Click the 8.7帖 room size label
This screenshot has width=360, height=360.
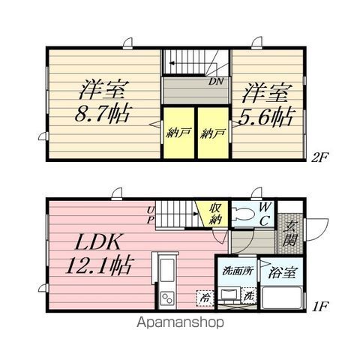tap(103, 115)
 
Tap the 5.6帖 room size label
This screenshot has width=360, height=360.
tap(265, 118)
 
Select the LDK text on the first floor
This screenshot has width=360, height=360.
tap(98, 241)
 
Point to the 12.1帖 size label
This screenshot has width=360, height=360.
tap(98, 265)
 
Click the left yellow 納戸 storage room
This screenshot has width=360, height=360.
tap(178, 133)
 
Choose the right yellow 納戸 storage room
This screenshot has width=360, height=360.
tap(213, 133)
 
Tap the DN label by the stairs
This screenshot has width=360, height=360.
tap(216, 81)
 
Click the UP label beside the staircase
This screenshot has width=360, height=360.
tap(150, 215)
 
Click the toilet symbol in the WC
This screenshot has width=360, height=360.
tap(244, 214)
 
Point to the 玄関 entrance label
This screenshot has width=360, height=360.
tap(291, 233)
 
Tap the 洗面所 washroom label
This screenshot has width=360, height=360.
tap(238, 271)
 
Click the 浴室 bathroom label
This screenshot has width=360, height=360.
tap(283, 273)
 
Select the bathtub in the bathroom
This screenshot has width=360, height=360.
tap(281, 298)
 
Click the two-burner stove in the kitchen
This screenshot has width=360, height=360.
tap(167, 298)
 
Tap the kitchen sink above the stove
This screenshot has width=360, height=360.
tap(167, 270)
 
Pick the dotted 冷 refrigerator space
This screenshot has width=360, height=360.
tap(205, 298)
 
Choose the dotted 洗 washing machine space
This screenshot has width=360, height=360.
tap(249, 295)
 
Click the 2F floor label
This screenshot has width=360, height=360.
tap(319, 157)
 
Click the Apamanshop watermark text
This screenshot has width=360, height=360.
tap(180, 322)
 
